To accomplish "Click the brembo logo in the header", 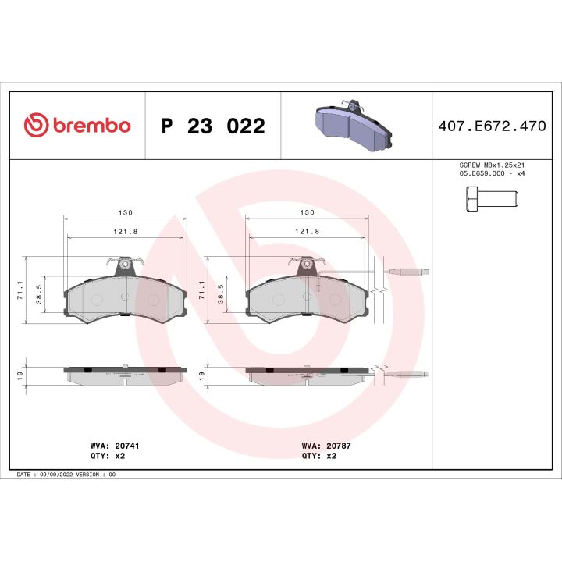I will coord(77,126).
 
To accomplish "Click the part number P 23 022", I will coord(212,126).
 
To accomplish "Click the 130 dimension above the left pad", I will coord(126,213).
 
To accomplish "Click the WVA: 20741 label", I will coord(115,446).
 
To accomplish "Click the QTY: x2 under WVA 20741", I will coord(109,455).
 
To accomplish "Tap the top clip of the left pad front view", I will coord(124,265).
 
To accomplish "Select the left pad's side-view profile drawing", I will coord(125,374).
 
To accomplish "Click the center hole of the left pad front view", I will coord(125,297).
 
